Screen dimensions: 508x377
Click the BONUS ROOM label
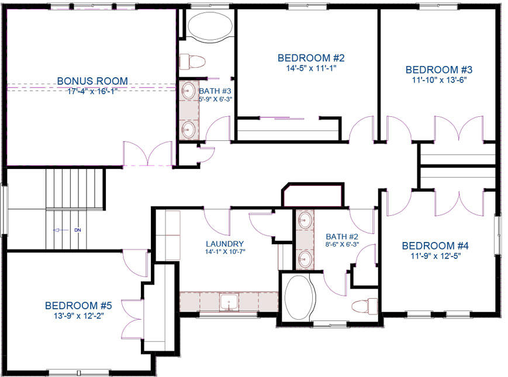pyautogui.click(x=92, y=81)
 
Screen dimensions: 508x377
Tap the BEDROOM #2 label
pyautogui.click(x=311, y=58)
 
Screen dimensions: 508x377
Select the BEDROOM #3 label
pyautogui.click(x=439, y=70)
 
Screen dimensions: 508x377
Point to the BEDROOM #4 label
pyautogui.click(x=435, y=246)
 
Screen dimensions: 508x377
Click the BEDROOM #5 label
pyautogui.click(x=78, y=306)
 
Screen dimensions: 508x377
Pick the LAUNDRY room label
pyautogui.click(x=225, y=244)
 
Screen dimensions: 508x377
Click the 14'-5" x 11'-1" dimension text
pyautogui.click(x=311, y=68)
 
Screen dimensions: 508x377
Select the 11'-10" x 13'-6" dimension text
pyautogui.click(x=439, y=80)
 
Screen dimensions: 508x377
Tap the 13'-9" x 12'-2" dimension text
pyautogui.click(x=79, y=316)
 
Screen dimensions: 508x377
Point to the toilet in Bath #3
pyautogui.click(x=192, y=61)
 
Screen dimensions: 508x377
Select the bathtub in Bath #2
pyautogui.click(x=299, y=298)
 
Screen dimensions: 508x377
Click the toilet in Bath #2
pyautogui.click(x=365, y=306)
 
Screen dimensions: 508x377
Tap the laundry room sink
pyautogui.click(x=229, y=302)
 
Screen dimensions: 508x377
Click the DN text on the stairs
pyautogui.click(x=77, y=230)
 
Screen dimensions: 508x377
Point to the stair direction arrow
pyautogui.click(x=61, y=230)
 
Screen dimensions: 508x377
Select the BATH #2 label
pyautogui.click(x=342, y=237)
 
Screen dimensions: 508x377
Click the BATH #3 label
pyautogui.click(x=215, y=91)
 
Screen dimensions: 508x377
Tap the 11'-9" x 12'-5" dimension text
pyautogui.click(x=436, y=256)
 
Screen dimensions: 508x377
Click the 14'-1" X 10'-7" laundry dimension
pyautogui.click(x=225, y=252)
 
